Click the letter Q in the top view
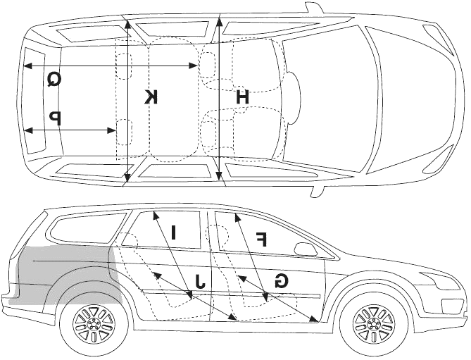click(x=55, y=80)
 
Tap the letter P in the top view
click(x=56, y=118)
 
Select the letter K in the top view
click(x=151, y=97)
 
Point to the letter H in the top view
click(x=242, y=97)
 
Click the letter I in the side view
click(x=173, y=232)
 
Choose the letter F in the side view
click(x=261, y=240)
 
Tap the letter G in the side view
click(x=282, y=280)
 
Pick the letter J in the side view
click(x=199, y=280)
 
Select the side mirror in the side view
click(x=306, y=249)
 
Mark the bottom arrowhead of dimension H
click(x=219, y=173)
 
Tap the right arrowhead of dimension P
click(x=111, y=130)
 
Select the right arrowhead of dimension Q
click(x=192, y=66)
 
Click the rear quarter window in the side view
click(x=89, y=226)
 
